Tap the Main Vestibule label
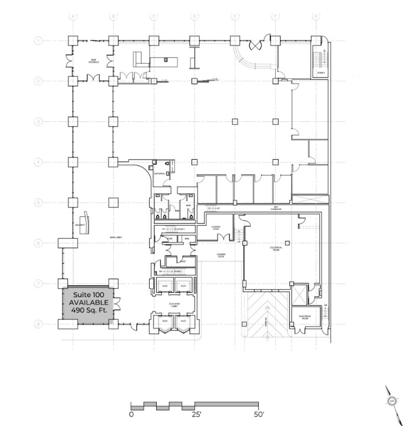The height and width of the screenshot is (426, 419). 93,61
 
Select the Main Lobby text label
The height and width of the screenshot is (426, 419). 107,237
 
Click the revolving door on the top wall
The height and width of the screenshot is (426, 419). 257,44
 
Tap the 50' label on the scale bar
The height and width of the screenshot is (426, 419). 258,414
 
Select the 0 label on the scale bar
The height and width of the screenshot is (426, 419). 131,414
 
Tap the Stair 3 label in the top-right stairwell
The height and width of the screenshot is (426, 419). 321,73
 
